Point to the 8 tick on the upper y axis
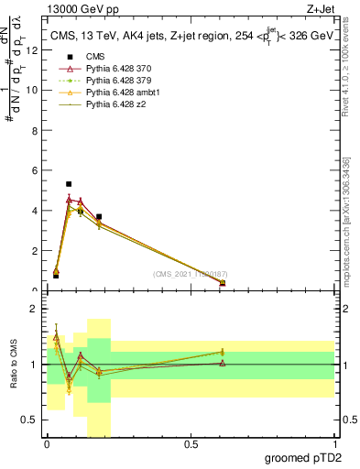click(35, 130)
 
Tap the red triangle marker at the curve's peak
click(69, 199)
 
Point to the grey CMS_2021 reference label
click(191, 274)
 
